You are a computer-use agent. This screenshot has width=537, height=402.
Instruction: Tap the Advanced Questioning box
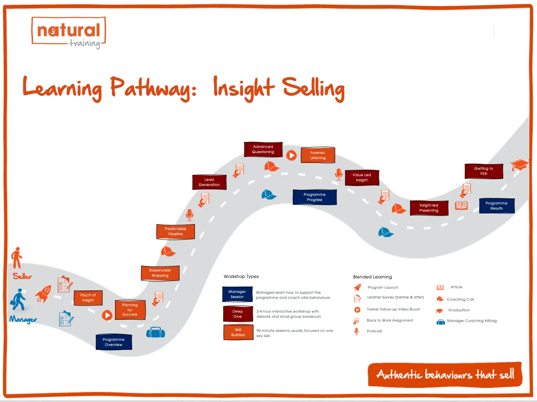pos(263,149)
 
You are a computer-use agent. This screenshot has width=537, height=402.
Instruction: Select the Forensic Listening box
pos(318,155)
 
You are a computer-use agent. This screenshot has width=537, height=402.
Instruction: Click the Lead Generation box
pos(209,182)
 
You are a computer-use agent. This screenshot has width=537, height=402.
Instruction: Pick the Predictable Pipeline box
pos(175,231)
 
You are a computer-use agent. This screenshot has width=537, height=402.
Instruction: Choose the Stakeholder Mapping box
pos(160,273)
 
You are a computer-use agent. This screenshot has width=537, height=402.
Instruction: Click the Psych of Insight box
pos(88,298)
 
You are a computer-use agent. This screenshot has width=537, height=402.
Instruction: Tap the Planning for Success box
pos(130,310)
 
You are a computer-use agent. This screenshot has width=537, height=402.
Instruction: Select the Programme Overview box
pos(114,342)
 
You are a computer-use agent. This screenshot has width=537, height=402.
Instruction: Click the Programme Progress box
pos(315,197)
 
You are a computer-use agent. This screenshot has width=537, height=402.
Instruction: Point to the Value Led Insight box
pos(362,177)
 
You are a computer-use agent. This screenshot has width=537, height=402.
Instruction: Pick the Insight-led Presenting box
pos(429,208)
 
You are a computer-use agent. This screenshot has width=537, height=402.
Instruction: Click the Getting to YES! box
pos(484,171)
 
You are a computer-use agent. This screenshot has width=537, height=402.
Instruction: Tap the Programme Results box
pos(496,206)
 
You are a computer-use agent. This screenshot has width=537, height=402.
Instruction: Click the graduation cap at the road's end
pos(520,166)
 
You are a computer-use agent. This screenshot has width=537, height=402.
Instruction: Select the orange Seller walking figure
pos(17,257)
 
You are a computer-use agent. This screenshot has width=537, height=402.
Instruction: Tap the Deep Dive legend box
pos(238,314)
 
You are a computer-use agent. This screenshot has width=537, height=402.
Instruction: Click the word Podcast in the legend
pos(375,331)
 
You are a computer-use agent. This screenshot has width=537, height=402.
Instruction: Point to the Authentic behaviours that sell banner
pos(445,375)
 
